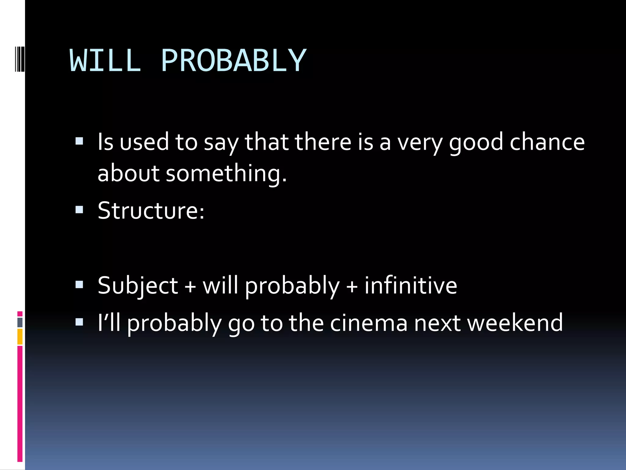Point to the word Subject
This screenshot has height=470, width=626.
pos(138,285)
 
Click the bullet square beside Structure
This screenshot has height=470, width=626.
pos(79,210)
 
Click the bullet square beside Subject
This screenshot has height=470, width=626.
pos(79,285)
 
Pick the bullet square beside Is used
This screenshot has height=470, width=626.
pos(79,141)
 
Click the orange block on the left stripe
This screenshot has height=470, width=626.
pos(20,337)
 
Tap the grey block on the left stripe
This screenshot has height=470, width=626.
pos(20,322)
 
